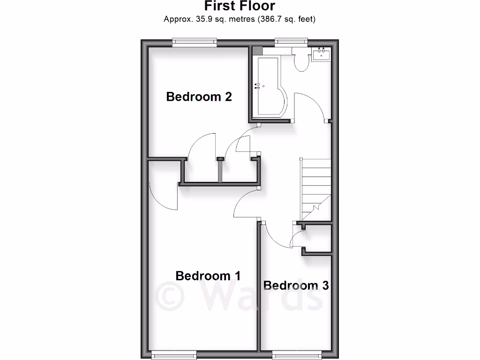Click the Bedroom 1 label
click(x=208, y=276)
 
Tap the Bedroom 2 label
click(x=199, y=97)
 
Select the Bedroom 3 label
click(x=296, y=285)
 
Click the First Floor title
click(x=240, y=7)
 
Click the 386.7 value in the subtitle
click(x=271, y=19)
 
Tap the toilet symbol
click(x=302, y=61)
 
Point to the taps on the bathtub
click(x=257, y=86)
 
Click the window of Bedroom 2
click(x=195, y=43)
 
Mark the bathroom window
click(x=291, y=43)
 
